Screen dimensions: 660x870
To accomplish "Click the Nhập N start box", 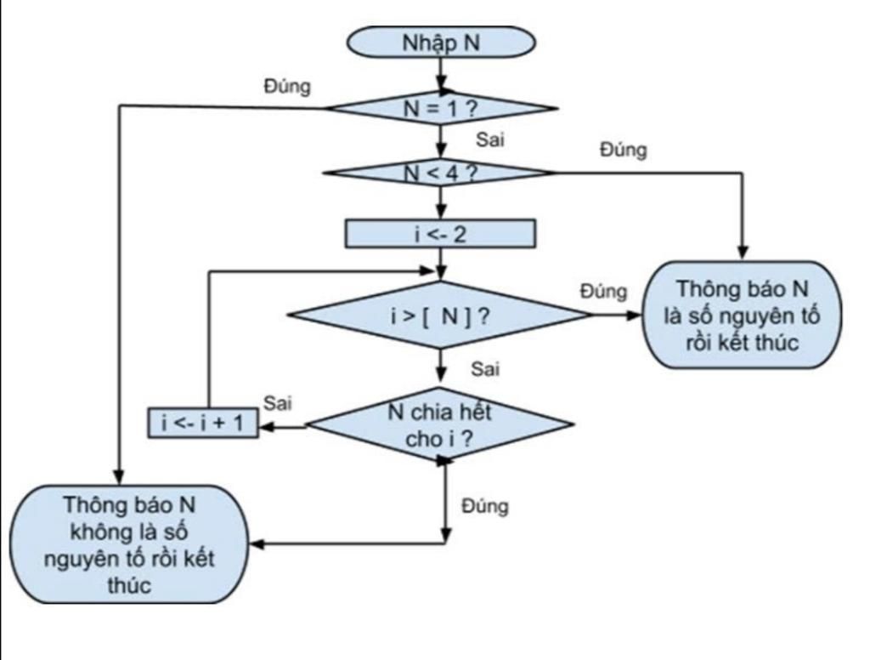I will [440, 42].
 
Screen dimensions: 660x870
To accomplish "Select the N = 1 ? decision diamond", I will [440, 108].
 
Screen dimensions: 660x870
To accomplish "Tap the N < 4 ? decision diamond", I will [440, 172].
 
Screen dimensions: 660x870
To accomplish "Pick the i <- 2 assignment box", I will [440, 234].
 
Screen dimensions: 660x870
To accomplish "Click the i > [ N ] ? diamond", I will [440, 316].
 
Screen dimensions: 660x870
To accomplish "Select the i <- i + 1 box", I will [203, 422].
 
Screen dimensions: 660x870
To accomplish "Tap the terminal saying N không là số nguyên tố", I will [128, 544].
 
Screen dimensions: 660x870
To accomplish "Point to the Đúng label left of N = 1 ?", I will [287, 87].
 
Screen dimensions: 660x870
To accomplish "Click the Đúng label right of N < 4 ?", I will [623, 150].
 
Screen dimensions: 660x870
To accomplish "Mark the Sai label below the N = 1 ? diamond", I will [489, 140].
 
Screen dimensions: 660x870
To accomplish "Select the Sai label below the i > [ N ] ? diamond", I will [485, 369].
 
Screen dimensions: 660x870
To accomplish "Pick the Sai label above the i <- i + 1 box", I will [277, 402].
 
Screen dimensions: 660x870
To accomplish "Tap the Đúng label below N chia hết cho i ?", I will [485, 506].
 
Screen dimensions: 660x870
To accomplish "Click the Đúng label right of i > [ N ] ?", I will [603, 291].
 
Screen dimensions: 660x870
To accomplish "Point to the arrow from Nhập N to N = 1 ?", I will [440, 75].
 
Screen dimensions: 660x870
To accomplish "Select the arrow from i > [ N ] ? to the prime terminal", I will [619, 316].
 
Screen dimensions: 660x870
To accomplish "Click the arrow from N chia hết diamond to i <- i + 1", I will [283, 426].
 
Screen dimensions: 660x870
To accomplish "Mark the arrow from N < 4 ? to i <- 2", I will [440, 202].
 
